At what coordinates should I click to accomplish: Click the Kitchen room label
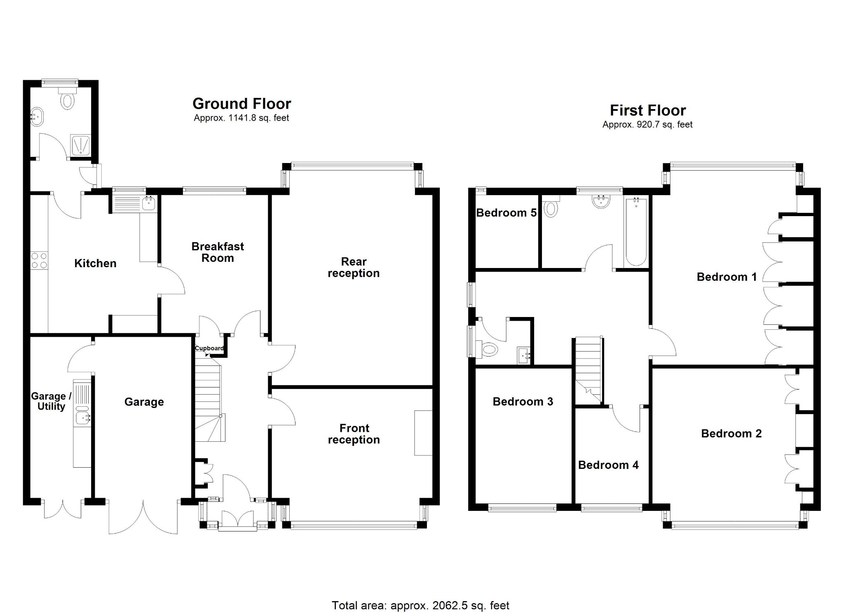point(95,263)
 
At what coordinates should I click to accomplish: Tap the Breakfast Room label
point(218,252)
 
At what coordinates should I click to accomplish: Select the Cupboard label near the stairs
point(209,348)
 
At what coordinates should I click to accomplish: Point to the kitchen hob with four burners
point(39,261)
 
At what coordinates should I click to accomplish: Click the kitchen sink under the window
point(148,203)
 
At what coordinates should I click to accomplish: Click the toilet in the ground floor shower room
point(68,100)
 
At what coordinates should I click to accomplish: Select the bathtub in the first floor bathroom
point(636,232)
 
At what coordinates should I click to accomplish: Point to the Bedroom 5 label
point(506,213)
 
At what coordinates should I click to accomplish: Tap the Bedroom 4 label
point(608,465)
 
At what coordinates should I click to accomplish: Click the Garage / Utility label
point(51,401)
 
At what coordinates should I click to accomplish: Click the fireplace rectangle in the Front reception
point(423,433)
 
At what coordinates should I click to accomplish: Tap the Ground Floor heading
point(241,103)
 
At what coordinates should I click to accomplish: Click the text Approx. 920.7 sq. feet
point(647,125)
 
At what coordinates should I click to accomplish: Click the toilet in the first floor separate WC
point(489,350)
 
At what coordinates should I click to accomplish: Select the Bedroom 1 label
point(727,277)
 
